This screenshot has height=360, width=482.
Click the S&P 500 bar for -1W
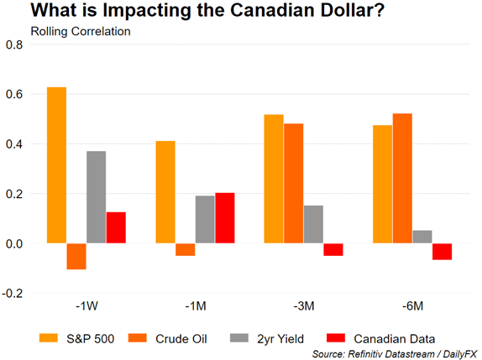click(x=56, y=165)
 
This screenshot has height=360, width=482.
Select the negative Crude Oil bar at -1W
click(x=76, y=257)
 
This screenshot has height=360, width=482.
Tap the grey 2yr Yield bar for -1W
click(x=97, y=197)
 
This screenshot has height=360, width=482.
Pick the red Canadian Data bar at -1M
click(x=225, y=218)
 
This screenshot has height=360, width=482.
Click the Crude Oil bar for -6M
click(x=402, y=179)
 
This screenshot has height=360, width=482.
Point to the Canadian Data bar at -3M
click(x=333, y=249)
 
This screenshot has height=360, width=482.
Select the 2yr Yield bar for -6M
click(x=422, y=237)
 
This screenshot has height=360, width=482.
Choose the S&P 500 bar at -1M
click(x=165, y=192)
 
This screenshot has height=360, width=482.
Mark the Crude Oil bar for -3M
click(x=294, y=184)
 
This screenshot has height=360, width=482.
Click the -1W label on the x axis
click(x=87, y=306)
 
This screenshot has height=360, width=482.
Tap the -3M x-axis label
click(x=304, y=306)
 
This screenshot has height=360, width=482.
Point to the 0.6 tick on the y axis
click(x=14, y=94)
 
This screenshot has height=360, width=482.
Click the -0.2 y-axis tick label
click(x=13, y=294)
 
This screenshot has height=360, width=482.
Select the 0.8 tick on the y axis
click(x=14, y=44)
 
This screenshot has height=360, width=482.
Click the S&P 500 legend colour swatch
click(x=49, y=338)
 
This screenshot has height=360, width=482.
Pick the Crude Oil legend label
click(x=181, y=339)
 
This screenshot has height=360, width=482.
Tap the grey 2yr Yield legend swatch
click(x=239, y=338)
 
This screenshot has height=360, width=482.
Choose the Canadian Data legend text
click(x=395, y=339)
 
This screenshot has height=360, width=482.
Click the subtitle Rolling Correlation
click(x=81, y=31)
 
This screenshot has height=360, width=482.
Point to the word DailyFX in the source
click(x=460, y=354)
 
